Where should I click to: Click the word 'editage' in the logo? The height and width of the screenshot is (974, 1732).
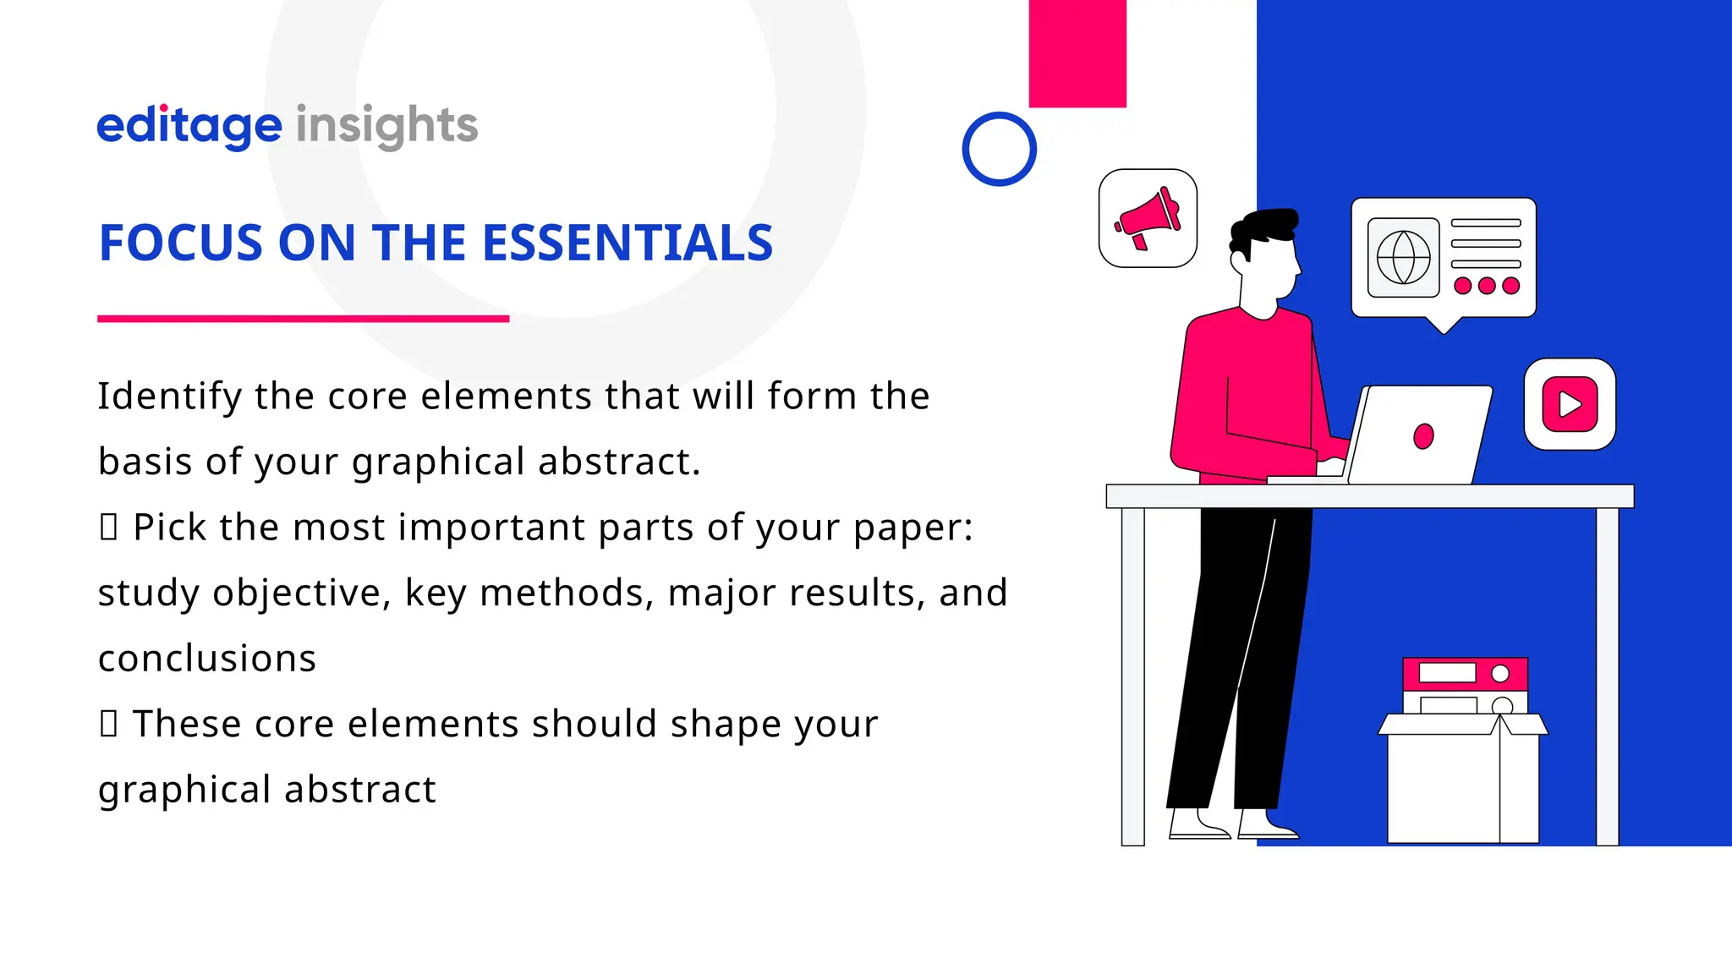coord(189,126)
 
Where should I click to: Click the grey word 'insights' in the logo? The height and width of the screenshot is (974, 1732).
coord(386,126)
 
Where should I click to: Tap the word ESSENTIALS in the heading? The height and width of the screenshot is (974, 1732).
coord(627,243)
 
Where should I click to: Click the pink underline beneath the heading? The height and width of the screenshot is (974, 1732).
coord(303,319)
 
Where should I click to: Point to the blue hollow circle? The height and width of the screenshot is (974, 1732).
coord(999,149)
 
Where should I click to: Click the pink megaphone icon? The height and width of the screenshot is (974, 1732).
coord(1148,218)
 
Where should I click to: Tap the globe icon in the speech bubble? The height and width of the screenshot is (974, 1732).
coord(1403,258)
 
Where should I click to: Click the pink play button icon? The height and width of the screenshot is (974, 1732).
coord(1570,404)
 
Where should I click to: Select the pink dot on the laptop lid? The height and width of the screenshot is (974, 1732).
coord(1423,436)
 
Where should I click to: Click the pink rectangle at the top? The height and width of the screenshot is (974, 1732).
coord(1077,53)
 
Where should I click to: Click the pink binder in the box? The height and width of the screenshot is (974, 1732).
coord(1465,673)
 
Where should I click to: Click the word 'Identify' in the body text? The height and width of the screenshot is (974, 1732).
coord(169,396)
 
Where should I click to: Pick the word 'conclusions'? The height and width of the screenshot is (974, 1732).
coord(207,659)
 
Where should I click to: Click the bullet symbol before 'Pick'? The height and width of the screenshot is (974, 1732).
coord(108,527)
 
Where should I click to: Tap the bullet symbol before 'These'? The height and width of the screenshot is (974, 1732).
coord(108,724)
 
